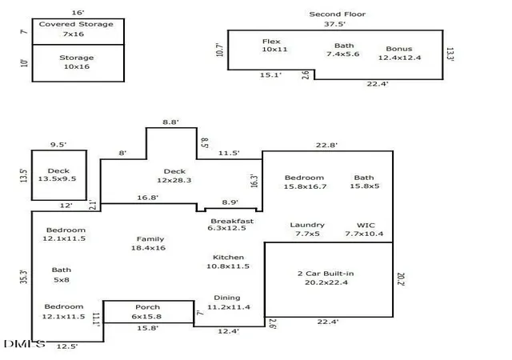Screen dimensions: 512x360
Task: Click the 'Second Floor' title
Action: [x=338, y=14]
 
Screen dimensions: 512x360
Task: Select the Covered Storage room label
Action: [x=76, y=29]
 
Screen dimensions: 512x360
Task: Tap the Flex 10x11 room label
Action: [x=274, y=46]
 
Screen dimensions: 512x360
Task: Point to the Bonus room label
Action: [x=399, y=54]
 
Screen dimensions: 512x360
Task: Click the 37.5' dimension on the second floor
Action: [x=334, y=24]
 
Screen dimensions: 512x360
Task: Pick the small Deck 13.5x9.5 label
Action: [x=57, y=174]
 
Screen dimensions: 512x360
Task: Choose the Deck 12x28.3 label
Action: [x=174, y=176]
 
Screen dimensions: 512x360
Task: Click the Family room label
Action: [x=149, y=243]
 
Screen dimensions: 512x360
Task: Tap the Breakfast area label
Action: [x=230, y=225]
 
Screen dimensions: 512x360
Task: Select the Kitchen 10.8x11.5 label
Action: [x=228, y=262]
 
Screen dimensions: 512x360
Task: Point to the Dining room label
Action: [x=229, y=302]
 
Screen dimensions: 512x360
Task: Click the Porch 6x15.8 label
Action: [x=147, y=312]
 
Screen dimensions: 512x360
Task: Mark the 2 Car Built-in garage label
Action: [x=326, y=278]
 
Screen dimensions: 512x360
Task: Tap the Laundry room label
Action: [x=307, y=229]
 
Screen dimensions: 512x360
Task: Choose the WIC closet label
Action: [x=365, y=230]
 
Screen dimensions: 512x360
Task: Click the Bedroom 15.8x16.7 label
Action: [x=304, y=182]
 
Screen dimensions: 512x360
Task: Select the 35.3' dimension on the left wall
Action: [x=24, y=277]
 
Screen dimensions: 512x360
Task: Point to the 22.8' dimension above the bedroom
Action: [x=326, y=145]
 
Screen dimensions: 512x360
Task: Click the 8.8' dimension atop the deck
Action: [x=170, y=122]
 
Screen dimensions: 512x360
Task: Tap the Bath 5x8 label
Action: [x=62, y=274]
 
